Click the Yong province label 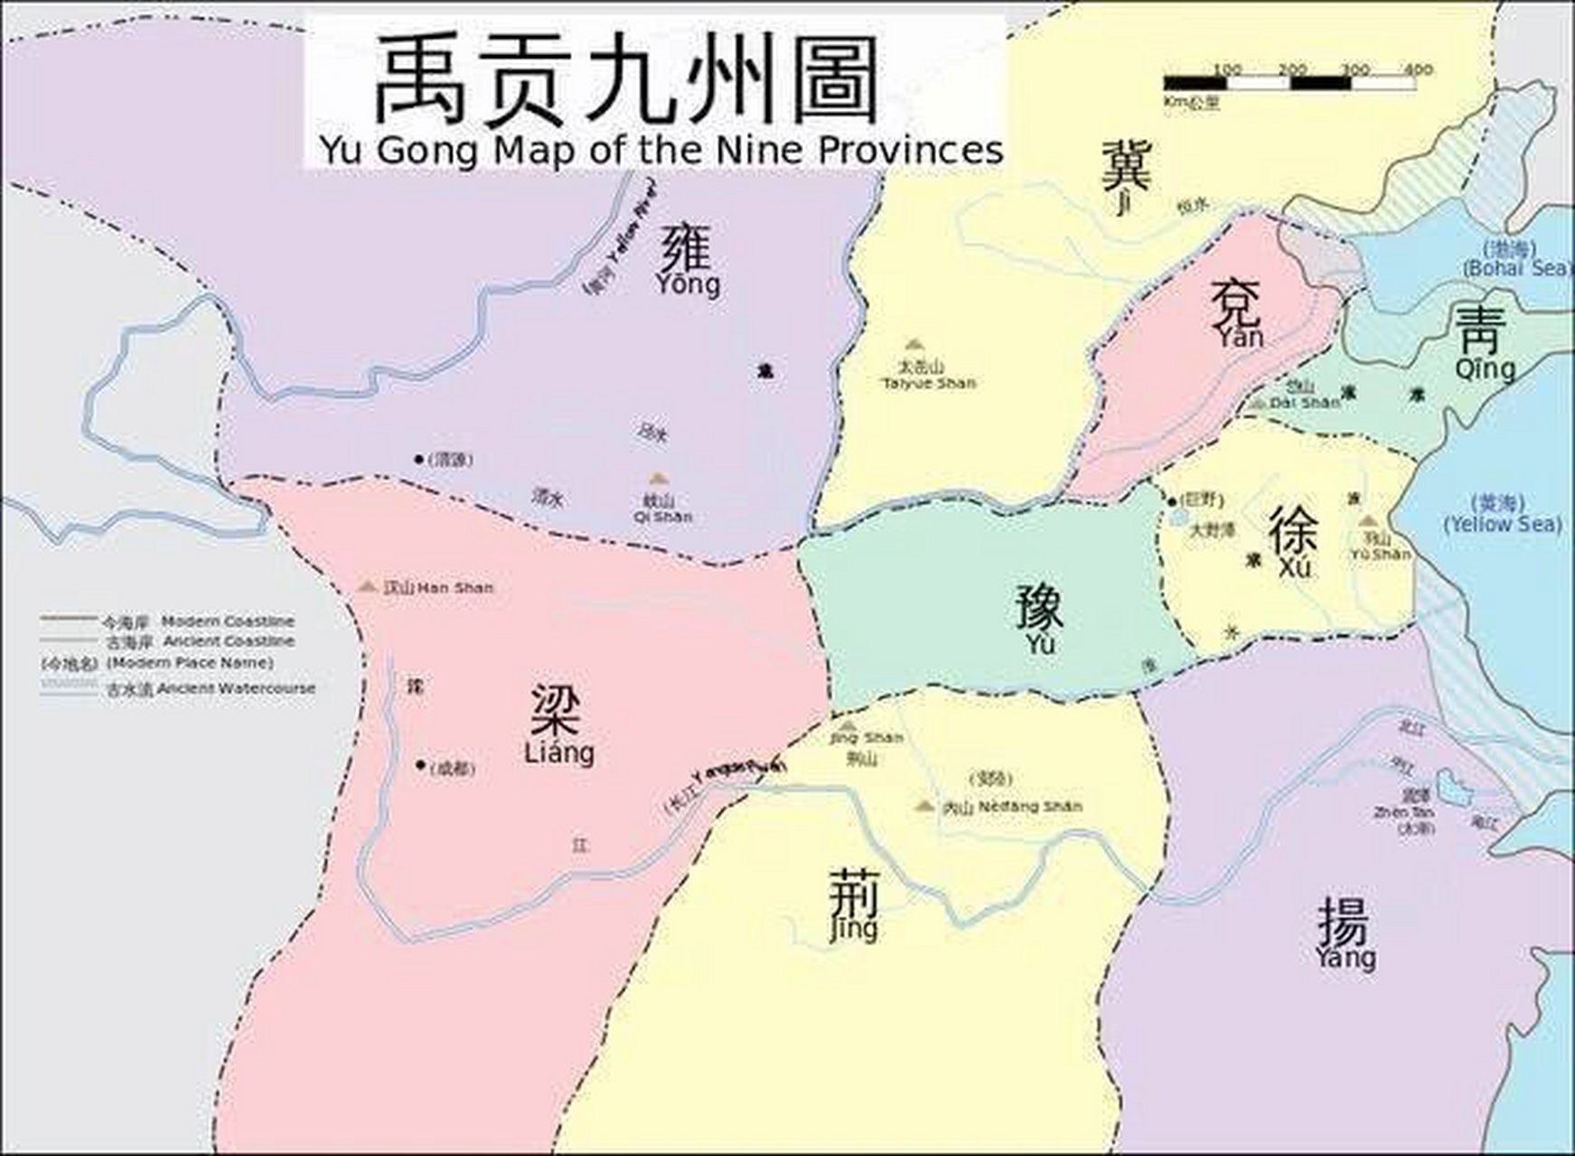(x=689, y=260)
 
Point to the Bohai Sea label (x=1515, y=259)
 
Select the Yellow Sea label (x=1502, y=513)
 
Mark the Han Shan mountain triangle (x=367, y=586)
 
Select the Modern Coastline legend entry (x=167, y=621)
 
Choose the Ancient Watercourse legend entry (x=176, y=688)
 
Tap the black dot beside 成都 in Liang (x=420, y=765)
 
